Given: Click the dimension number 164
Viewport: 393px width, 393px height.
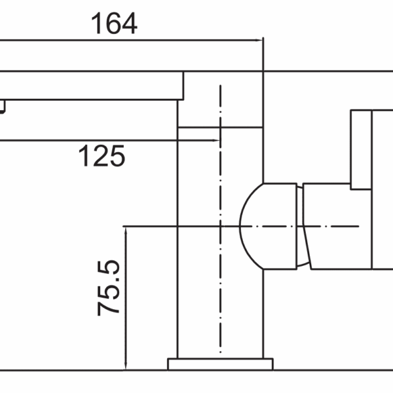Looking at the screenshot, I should point(114,24).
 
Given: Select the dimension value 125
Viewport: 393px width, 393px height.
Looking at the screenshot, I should point(102,157).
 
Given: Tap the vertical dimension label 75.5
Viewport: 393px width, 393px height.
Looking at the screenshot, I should point(109,288).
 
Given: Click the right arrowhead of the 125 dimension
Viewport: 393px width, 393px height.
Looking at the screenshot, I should point(214,140).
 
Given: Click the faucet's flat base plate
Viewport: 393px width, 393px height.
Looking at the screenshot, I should point(220,364).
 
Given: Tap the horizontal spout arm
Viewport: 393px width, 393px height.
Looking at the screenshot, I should point(92,85).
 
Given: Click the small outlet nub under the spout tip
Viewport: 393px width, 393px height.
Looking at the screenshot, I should point(3,106).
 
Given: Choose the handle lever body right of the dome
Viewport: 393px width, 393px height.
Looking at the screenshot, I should point(337,226).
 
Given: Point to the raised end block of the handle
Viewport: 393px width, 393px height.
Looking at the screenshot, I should point(362,149).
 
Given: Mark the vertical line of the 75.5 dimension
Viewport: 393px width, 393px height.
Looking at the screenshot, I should point(124,327).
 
